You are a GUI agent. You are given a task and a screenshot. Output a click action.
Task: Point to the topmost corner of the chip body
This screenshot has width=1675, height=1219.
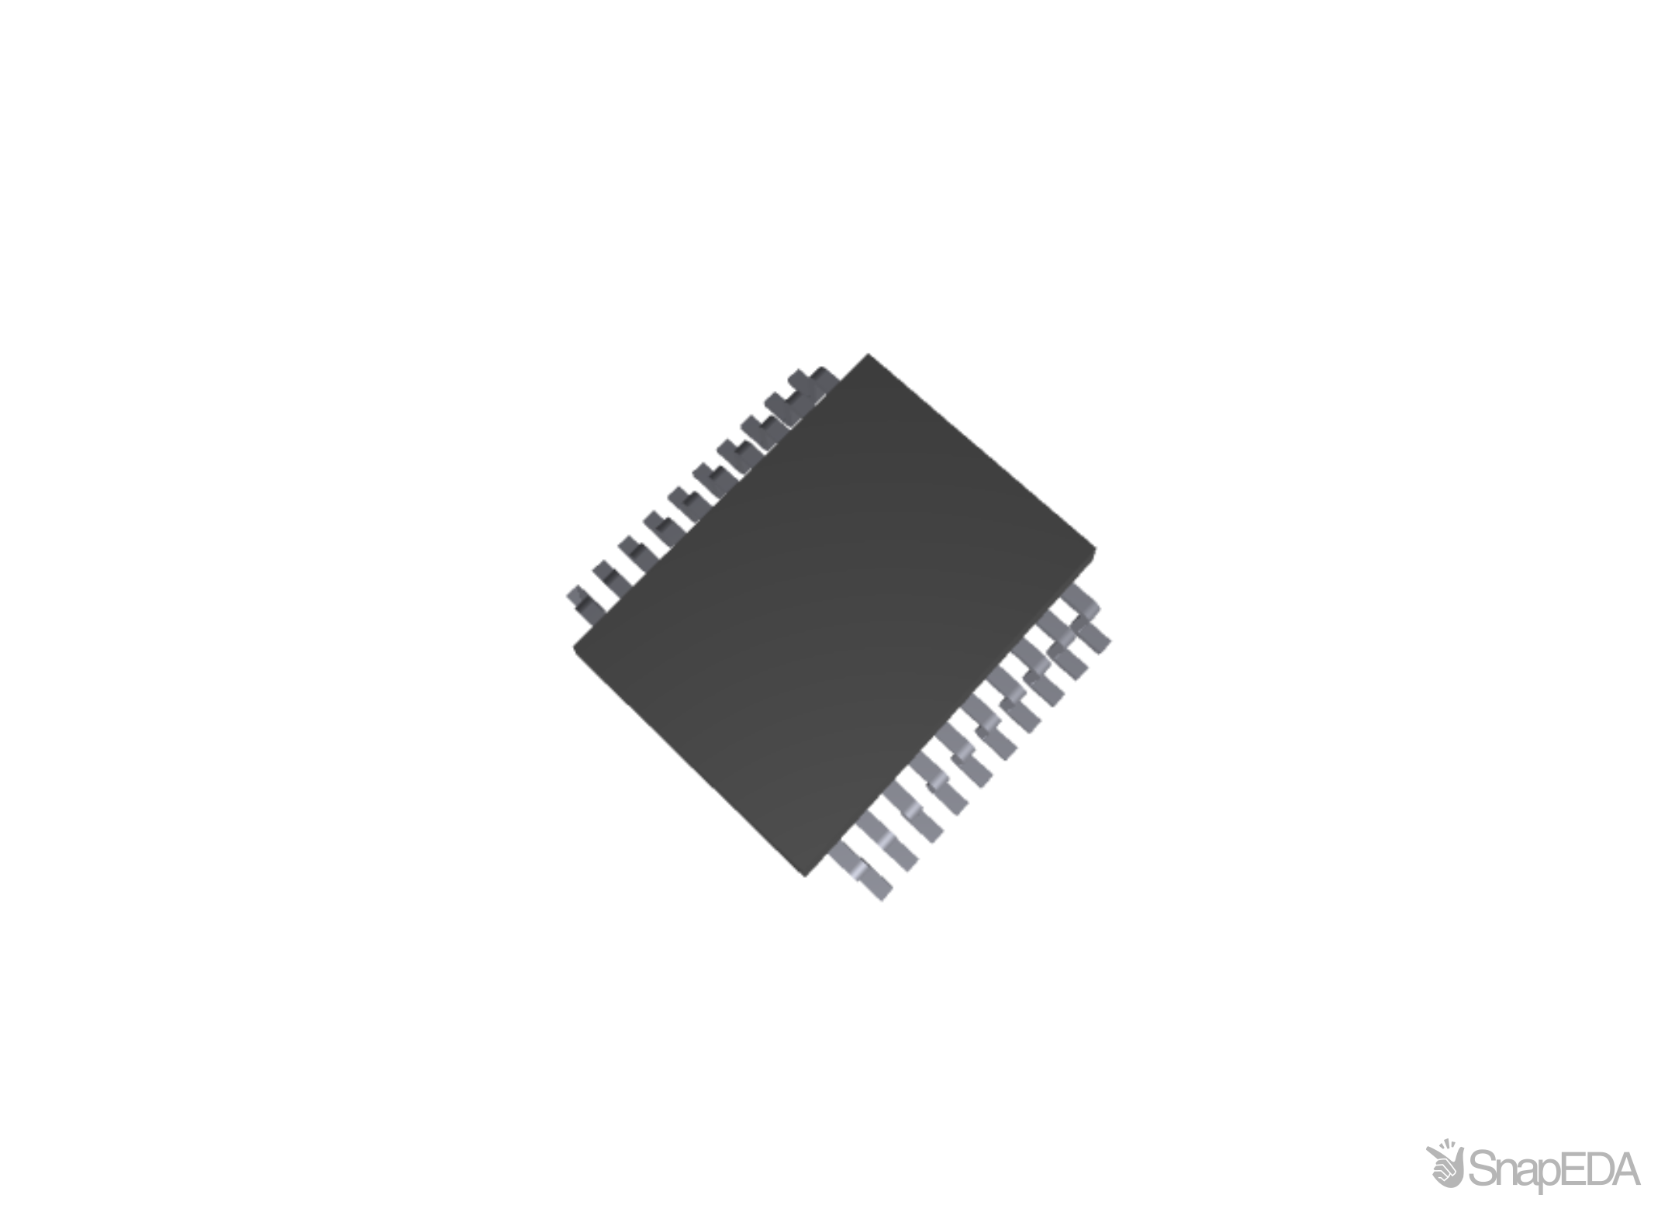point(868,354)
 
